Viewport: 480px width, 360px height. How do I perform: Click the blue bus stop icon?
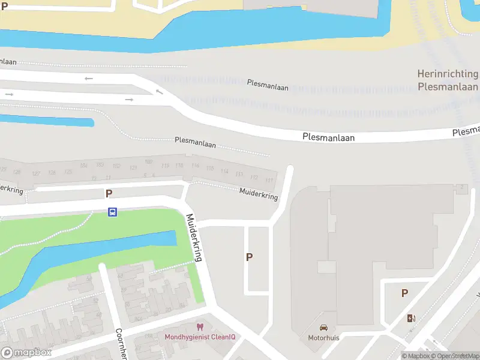112,212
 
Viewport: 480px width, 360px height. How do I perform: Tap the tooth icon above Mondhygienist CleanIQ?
200,327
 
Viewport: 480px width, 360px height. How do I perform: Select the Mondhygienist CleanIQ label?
200,337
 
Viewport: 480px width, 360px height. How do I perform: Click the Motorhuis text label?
324,338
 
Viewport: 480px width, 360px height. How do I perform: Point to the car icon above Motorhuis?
324,328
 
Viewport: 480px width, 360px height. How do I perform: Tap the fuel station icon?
411,318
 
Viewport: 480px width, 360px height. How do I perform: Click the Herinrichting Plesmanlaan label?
448,80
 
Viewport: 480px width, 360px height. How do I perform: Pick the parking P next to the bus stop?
109,193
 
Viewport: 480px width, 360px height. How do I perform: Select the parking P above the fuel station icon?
404,293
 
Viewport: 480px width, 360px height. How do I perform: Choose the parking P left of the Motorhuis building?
249,257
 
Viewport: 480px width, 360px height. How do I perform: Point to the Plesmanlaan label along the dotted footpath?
195,143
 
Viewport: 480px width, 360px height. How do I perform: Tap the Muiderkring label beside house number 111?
259,194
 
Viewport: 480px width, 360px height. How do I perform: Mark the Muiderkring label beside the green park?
195,237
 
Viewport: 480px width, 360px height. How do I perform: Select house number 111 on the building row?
269,181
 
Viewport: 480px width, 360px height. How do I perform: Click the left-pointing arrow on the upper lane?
89,78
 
